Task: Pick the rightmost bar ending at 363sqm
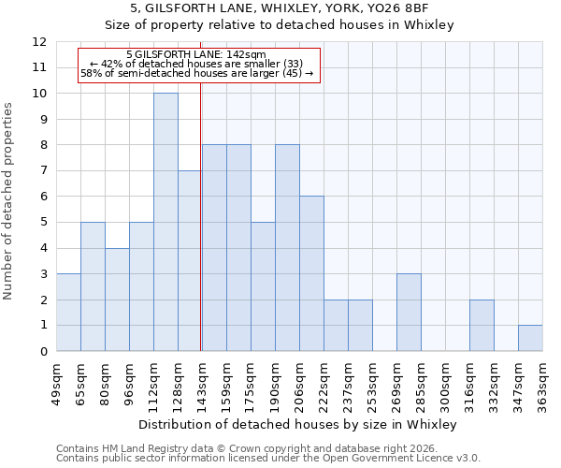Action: (x=530, y=338)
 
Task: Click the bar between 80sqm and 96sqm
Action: (x=117, y=300)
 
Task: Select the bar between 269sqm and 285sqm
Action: (x=409, y=313)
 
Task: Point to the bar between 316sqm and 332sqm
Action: (x=482, y=325)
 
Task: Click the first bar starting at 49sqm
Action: (x=68, y=313)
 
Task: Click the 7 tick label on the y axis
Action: (x=42, y=171)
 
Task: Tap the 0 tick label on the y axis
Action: (x=42, y=352)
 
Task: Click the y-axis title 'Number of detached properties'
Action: (x=9, y=200)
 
